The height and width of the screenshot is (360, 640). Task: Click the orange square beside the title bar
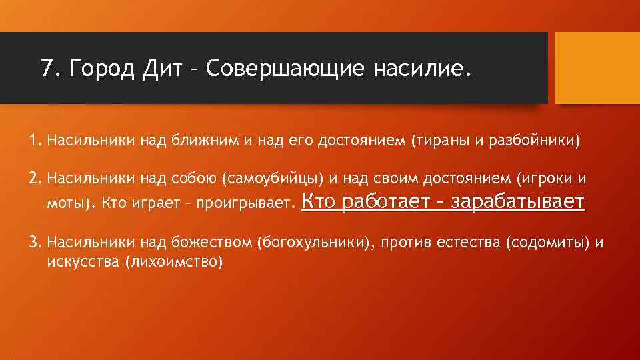tap(597, 68)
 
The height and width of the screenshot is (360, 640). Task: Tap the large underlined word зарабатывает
tap(518, 201)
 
